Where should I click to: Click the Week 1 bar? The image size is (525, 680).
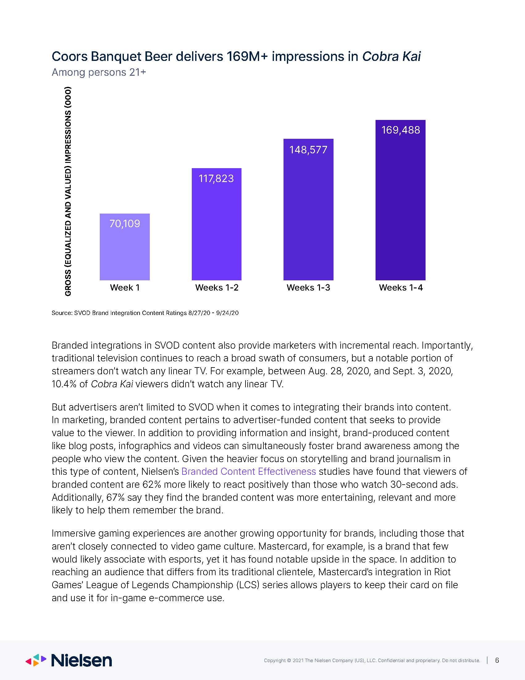[124, 247]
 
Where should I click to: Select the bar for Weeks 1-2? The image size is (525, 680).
[216, 224]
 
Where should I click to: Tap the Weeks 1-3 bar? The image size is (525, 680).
[308, 210]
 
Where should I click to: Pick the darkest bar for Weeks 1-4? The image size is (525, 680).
[400, 200]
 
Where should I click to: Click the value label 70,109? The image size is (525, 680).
[124, 223]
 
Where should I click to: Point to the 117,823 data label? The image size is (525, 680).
[216, 178]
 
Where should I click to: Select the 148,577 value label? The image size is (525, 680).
[308, 150]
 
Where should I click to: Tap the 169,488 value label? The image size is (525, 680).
[401, 130]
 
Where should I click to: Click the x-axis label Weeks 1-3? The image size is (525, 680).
[308, 287]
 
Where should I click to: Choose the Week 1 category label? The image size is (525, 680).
[125, 287]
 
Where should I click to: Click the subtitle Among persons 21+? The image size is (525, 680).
[99, 72]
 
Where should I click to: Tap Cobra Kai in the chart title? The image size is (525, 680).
[391, 56]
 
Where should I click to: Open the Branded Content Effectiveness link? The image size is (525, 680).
[249, 471]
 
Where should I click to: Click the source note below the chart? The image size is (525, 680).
[145, 313]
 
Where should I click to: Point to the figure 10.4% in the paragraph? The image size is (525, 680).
[64, 384]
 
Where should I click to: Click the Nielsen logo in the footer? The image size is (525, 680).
[69, 660]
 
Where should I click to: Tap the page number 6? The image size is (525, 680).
[497, 660]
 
